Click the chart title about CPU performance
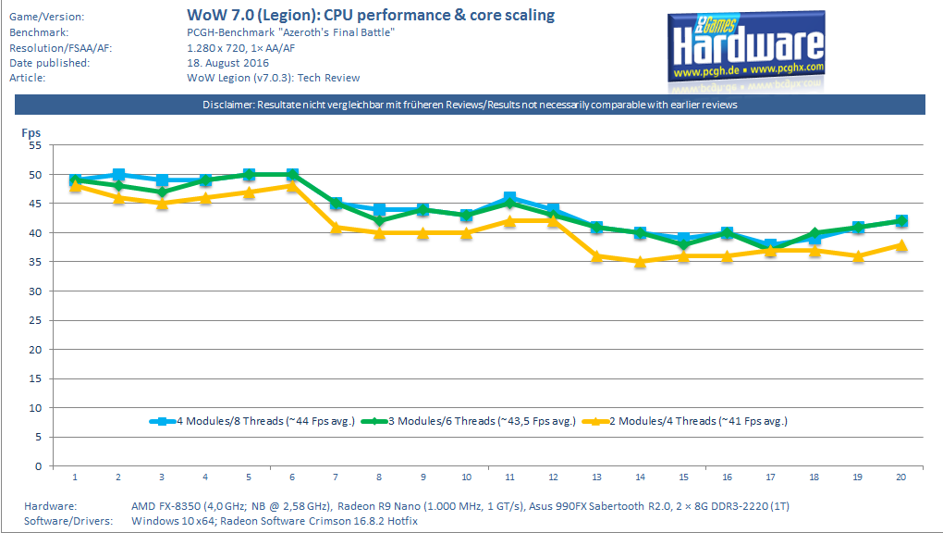coord(371,16)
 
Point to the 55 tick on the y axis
coord(35,145)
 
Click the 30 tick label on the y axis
coord(35,291)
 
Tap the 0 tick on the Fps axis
coord(38,465)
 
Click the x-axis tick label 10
coord(466,477)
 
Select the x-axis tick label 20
coord(901,477)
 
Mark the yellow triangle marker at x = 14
coord(640,262)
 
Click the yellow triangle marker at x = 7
coord(336,227)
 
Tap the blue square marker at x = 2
coord(118,175)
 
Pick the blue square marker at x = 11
coord(509,198)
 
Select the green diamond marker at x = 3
coord(162,192)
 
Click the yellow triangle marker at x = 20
coord(901,245)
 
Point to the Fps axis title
coord(31,133)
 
